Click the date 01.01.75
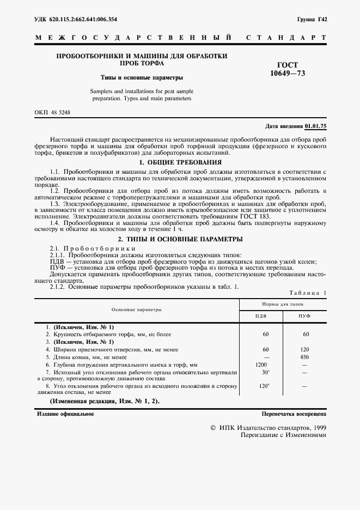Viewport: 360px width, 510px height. (315, 126)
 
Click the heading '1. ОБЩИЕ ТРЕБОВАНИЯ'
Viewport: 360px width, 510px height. (180, 162)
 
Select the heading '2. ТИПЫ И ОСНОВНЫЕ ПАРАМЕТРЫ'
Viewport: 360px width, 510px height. (180, 239)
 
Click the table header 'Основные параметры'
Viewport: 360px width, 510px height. (136, 309)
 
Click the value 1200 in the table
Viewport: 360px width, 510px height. (261, 364)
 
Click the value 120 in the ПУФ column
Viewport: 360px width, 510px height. (306, 349)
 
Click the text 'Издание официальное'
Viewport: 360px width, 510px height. (65, 414)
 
